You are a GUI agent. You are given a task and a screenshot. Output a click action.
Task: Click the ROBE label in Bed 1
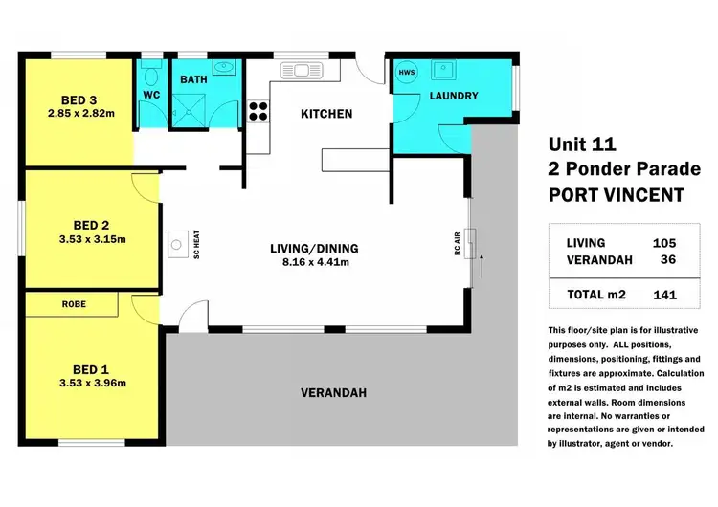point(73,304)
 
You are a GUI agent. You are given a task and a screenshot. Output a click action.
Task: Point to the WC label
point(151,95)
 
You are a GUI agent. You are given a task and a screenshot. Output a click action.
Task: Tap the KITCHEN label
point(326,114)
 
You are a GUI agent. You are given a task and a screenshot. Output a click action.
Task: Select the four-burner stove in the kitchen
point(258,111)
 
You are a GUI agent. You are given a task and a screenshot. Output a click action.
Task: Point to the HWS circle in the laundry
point(407,73)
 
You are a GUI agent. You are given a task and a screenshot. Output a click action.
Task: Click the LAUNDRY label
point(453,96)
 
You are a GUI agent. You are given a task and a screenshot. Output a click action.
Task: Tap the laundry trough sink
point(443,69)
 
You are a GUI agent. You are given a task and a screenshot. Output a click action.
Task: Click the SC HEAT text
point(195,245)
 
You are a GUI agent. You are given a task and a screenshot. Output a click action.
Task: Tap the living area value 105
point(664,243)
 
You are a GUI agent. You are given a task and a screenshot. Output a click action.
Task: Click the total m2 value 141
point(664,295)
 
